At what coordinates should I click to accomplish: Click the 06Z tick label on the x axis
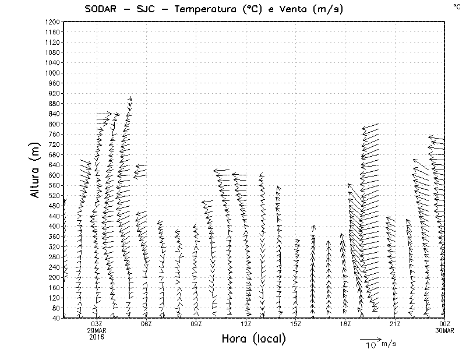tap(146, 324)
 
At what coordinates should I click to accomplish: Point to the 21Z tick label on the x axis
tap(395, 324)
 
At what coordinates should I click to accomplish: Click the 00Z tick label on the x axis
tap(444, 324)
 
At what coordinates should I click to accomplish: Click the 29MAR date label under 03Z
tap(97, 330)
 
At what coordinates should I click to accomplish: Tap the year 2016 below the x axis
tap(97, 337)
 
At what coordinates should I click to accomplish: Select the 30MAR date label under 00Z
tap(444, 330)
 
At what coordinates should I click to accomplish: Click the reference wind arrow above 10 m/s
tap(370, 338)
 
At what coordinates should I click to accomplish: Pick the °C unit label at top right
tap(456, 6)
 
